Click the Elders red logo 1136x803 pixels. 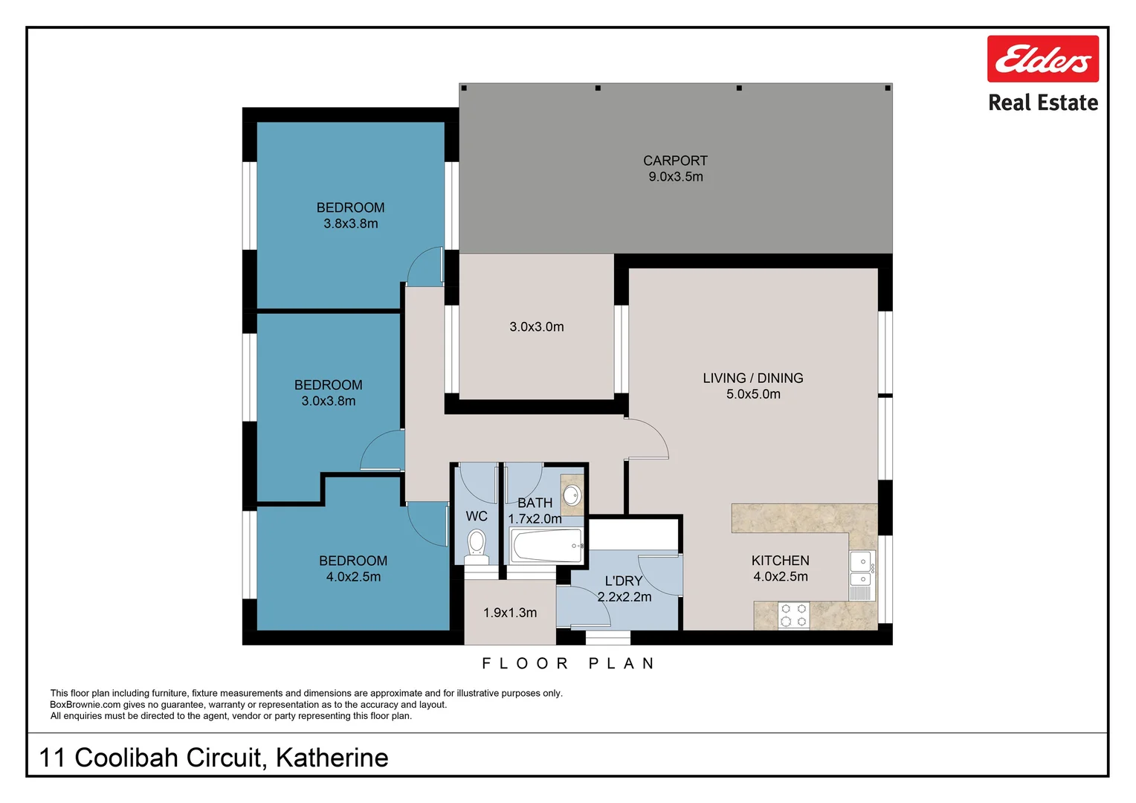point(1042,59)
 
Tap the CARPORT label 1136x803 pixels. point(675,161)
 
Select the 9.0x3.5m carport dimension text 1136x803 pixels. point(675,177)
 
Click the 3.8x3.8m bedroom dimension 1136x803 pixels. point(350,224)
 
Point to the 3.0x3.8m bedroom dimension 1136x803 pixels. point(328,401)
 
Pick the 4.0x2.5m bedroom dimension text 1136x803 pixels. point(353,577)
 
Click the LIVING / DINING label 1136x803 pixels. point(752,378)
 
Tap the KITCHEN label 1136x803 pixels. point(780,561)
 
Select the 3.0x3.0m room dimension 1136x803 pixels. point(536,327)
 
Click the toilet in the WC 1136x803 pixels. point(477,543)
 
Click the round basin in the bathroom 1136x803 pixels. point(572,494)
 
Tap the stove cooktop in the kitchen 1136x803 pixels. point(793,616)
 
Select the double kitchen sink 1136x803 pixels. point(862,570)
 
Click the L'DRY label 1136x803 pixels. point(623,581)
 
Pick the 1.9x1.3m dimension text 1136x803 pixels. point(509,613)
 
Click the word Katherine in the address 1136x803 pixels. point(332,758)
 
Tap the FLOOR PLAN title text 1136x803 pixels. point(568,663)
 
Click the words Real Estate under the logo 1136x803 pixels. point(1042,103)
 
